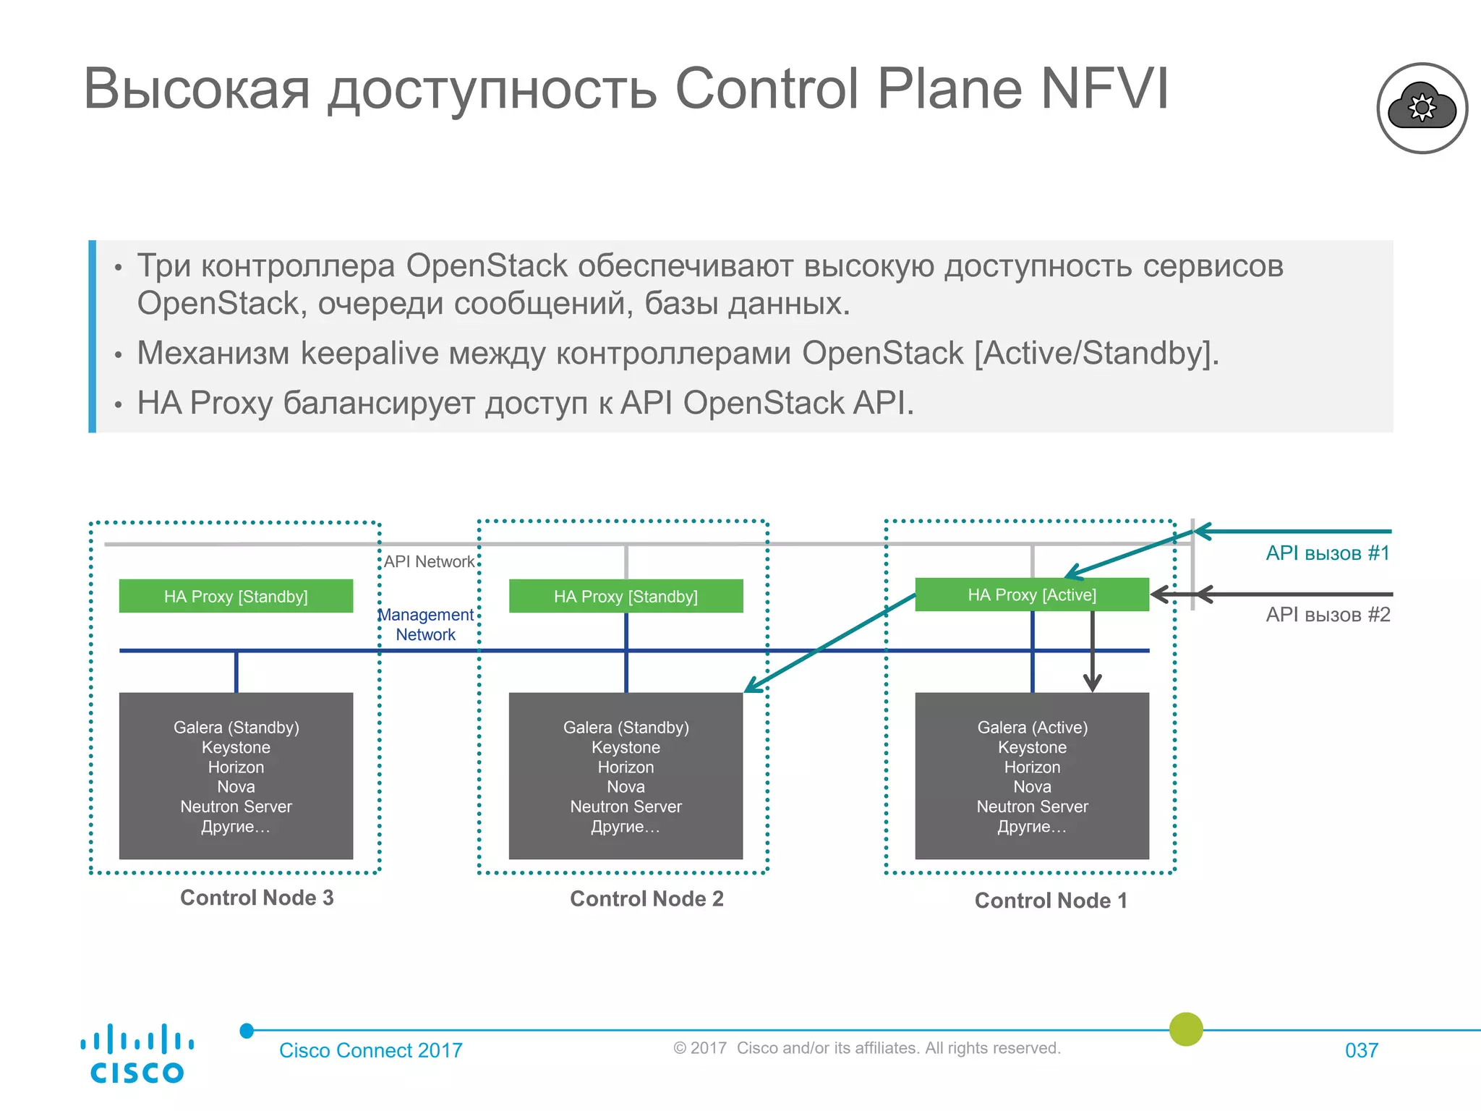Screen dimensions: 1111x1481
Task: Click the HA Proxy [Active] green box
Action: pyautogui.click(x=1031, y=595)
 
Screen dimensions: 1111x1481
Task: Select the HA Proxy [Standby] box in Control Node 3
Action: pyautogui.click(x=236, y=596)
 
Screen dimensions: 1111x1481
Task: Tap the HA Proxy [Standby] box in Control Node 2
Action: pyautogui.click(x=626, y=596)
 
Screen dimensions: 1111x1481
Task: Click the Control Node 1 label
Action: pyautogui.click(x=1051, y=901)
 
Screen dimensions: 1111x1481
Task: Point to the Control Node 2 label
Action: pyautogui.click(x=646, y=898)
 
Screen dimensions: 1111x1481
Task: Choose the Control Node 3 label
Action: pyautogui.click(x=257, y=898)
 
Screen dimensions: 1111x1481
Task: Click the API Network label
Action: pyautogui.click(x=429, y=561)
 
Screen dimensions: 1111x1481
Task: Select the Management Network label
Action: pyautogui.click(x=426, y=624)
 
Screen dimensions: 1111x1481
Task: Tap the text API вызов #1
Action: pyautogui.click(x=1328, y=553)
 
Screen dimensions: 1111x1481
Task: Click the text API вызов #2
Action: pyautogui.click(x=1328, y=615)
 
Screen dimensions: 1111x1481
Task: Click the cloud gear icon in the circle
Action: pyautogui.click(x=1422, y=108)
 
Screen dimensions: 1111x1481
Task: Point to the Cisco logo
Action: pyautogui.click(x=137, y=1054)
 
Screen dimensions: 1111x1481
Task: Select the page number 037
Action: pyautogui.click(x=1361, y=1050)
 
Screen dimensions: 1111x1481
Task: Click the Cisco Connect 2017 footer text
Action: pyautogui.click(x=370, y=1050)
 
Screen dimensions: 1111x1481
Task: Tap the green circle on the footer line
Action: pyautogui.click(x=1186, y=1029)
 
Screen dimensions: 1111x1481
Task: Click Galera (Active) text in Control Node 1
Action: pyautogui.click(x=1032, y=727)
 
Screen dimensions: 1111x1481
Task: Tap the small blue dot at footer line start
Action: pyautogui.click(x=247, y=1031)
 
